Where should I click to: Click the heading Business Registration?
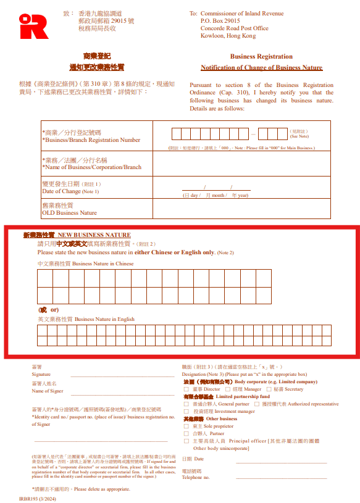tap(261, 56)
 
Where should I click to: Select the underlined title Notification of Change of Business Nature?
tap(261, 67)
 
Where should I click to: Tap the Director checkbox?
tap(186, 389)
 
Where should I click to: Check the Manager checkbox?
tap(228, 389)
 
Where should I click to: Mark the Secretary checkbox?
tap(270, 389)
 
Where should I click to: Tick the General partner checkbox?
tap(186, 404)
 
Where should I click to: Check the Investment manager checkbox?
tap(186, 411)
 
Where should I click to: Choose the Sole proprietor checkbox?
tap(186, 426)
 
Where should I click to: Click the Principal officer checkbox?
tap(186, 441)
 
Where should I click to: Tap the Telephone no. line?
tap(281, 477)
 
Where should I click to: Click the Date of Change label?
tap(61, 191)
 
